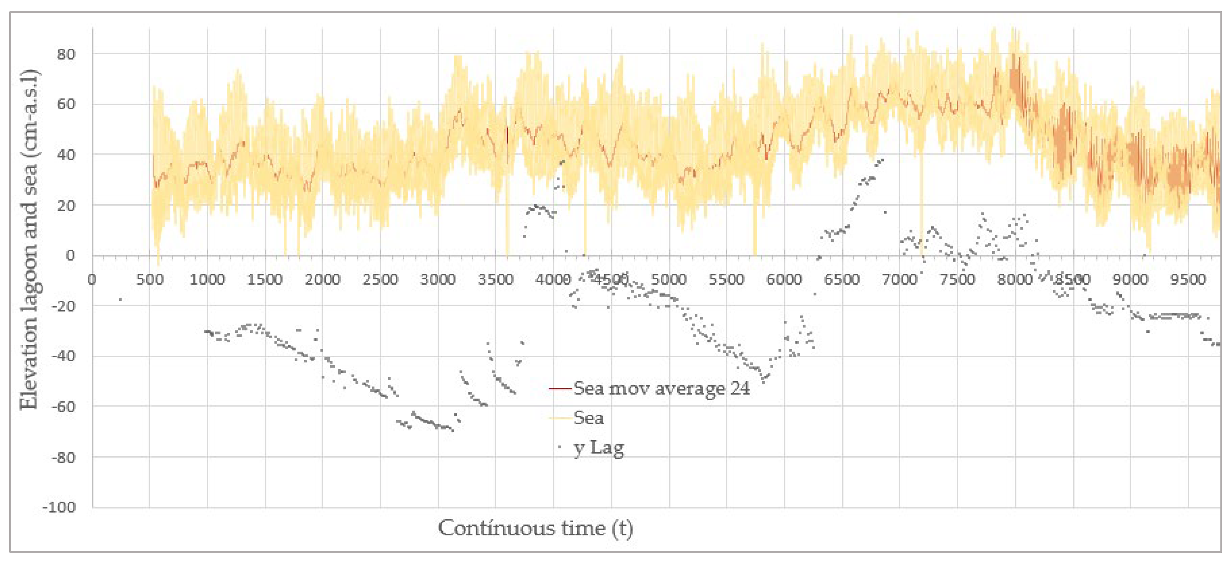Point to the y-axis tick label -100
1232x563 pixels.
point(59,507)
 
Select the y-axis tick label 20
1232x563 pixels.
point(66,206)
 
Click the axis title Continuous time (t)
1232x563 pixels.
point(535,529)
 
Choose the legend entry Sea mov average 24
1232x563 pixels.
point(662,388)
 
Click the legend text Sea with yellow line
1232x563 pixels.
point(589,418)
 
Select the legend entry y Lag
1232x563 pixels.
point(599,448)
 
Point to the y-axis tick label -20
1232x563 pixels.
point(63,306)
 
